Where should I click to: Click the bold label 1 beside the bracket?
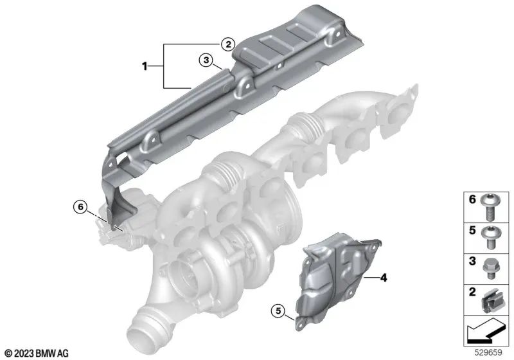(x=145, y=66)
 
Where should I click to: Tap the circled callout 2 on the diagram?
(x=226, y=44)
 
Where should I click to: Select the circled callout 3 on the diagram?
(x=205, y=60)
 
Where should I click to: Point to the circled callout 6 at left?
(x=79, y=207)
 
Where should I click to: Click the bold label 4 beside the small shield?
(x=384, y=278)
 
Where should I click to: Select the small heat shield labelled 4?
(x=337, y=270)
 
